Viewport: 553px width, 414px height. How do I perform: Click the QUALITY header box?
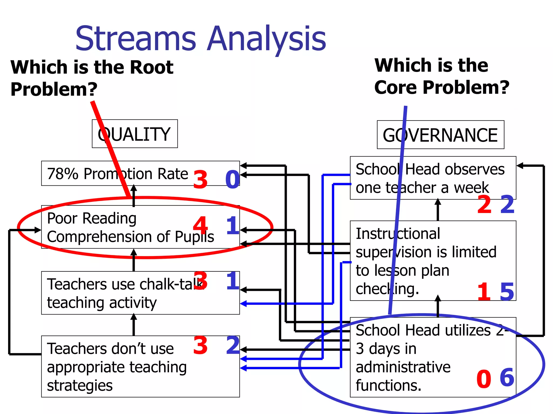pyautogui.click(x=134, y=134)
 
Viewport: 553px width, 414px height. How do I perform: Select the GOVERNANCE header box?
pyautogui.click(x=440, y=135)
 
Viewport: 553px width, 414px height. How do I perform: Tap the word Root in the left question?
pyautogui.click(x=151, y=67)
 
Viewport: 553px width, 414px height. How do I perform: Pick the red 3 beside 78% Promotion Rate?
pyautogui.click(x=200, y=180)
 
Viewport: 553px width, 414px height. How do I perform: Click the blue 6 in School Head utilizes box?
pyautogui.click(x=507, y=377)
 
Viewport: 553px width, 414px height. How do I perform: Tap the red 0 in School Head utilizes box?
pyautogui.click(x=484, y=379)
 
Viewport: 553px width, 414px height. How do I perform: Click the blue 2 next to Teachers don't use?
pyautogui.click(x=233, y=345)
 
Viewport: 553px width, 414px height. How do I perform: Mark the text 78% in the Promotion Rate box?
pyautogui.click(x=62, y=174)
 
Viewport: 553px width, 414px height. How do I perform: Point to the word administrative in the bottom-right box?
pyautogui.click(x=403, y=367)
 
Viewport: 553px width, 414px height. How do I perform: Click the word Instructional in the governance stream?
pyautogui.click(x=398, y=234)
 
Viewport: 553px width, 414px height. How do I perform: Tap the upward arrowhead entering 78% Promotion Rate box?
pyautogui.click(x=134, y=188)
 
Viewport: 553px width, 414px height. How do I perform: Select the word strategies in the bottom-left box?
pyautogui.click(x=80, y=386)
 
